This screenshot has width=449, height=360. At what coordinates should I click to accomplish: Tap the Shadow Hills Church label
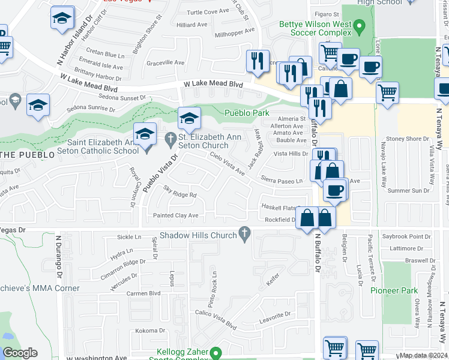[x=199, y=235]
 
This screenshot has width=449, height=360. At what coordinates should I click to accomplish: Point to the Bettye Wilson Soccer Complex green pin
[x=359, y=26]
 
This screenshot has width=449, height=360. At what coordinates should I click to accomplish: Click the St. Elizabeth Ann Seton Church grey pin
[x=170, y=139]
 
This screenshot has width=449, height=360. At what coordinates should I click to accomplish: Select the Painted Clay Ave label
[x=176, y=215]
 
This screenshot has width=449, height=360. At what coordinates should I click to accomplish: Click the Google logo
[x=20, y=353]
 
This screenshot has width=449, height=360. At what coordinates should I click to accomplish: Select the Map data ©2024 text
[x=424, y=356]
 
